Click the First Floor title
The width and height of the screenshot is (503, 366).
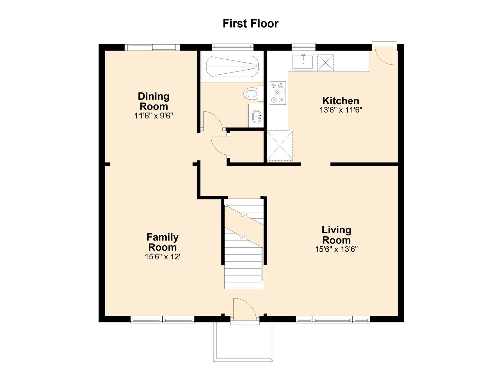pos(250,24)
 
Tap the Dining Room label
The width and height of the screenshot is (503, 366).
pos(154,101)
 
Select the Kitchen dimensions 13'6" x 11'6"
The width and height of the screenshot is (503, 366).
pos(341,110)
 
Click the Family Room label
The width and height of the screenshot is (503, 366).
pos(162,242)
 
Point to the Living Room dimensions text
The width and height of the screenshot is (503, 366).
pos(336,249)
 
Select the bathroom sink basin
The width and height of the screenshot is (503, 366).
pos(257,116)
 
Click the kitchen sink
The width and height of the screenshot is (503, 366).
pos(303,62)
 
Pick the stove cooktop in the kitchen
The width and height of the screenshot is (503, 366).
pos(278,93)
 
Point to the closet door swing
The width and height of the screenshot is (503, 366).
pos(219,145)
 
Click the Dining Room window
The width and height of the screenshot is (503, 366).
pos(152,47)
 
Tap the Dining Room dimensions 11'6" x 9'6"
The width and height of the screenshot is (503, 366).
pos(154,116)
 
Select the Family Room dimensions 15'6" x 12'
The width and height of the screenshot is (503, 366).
pos(163,257)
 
